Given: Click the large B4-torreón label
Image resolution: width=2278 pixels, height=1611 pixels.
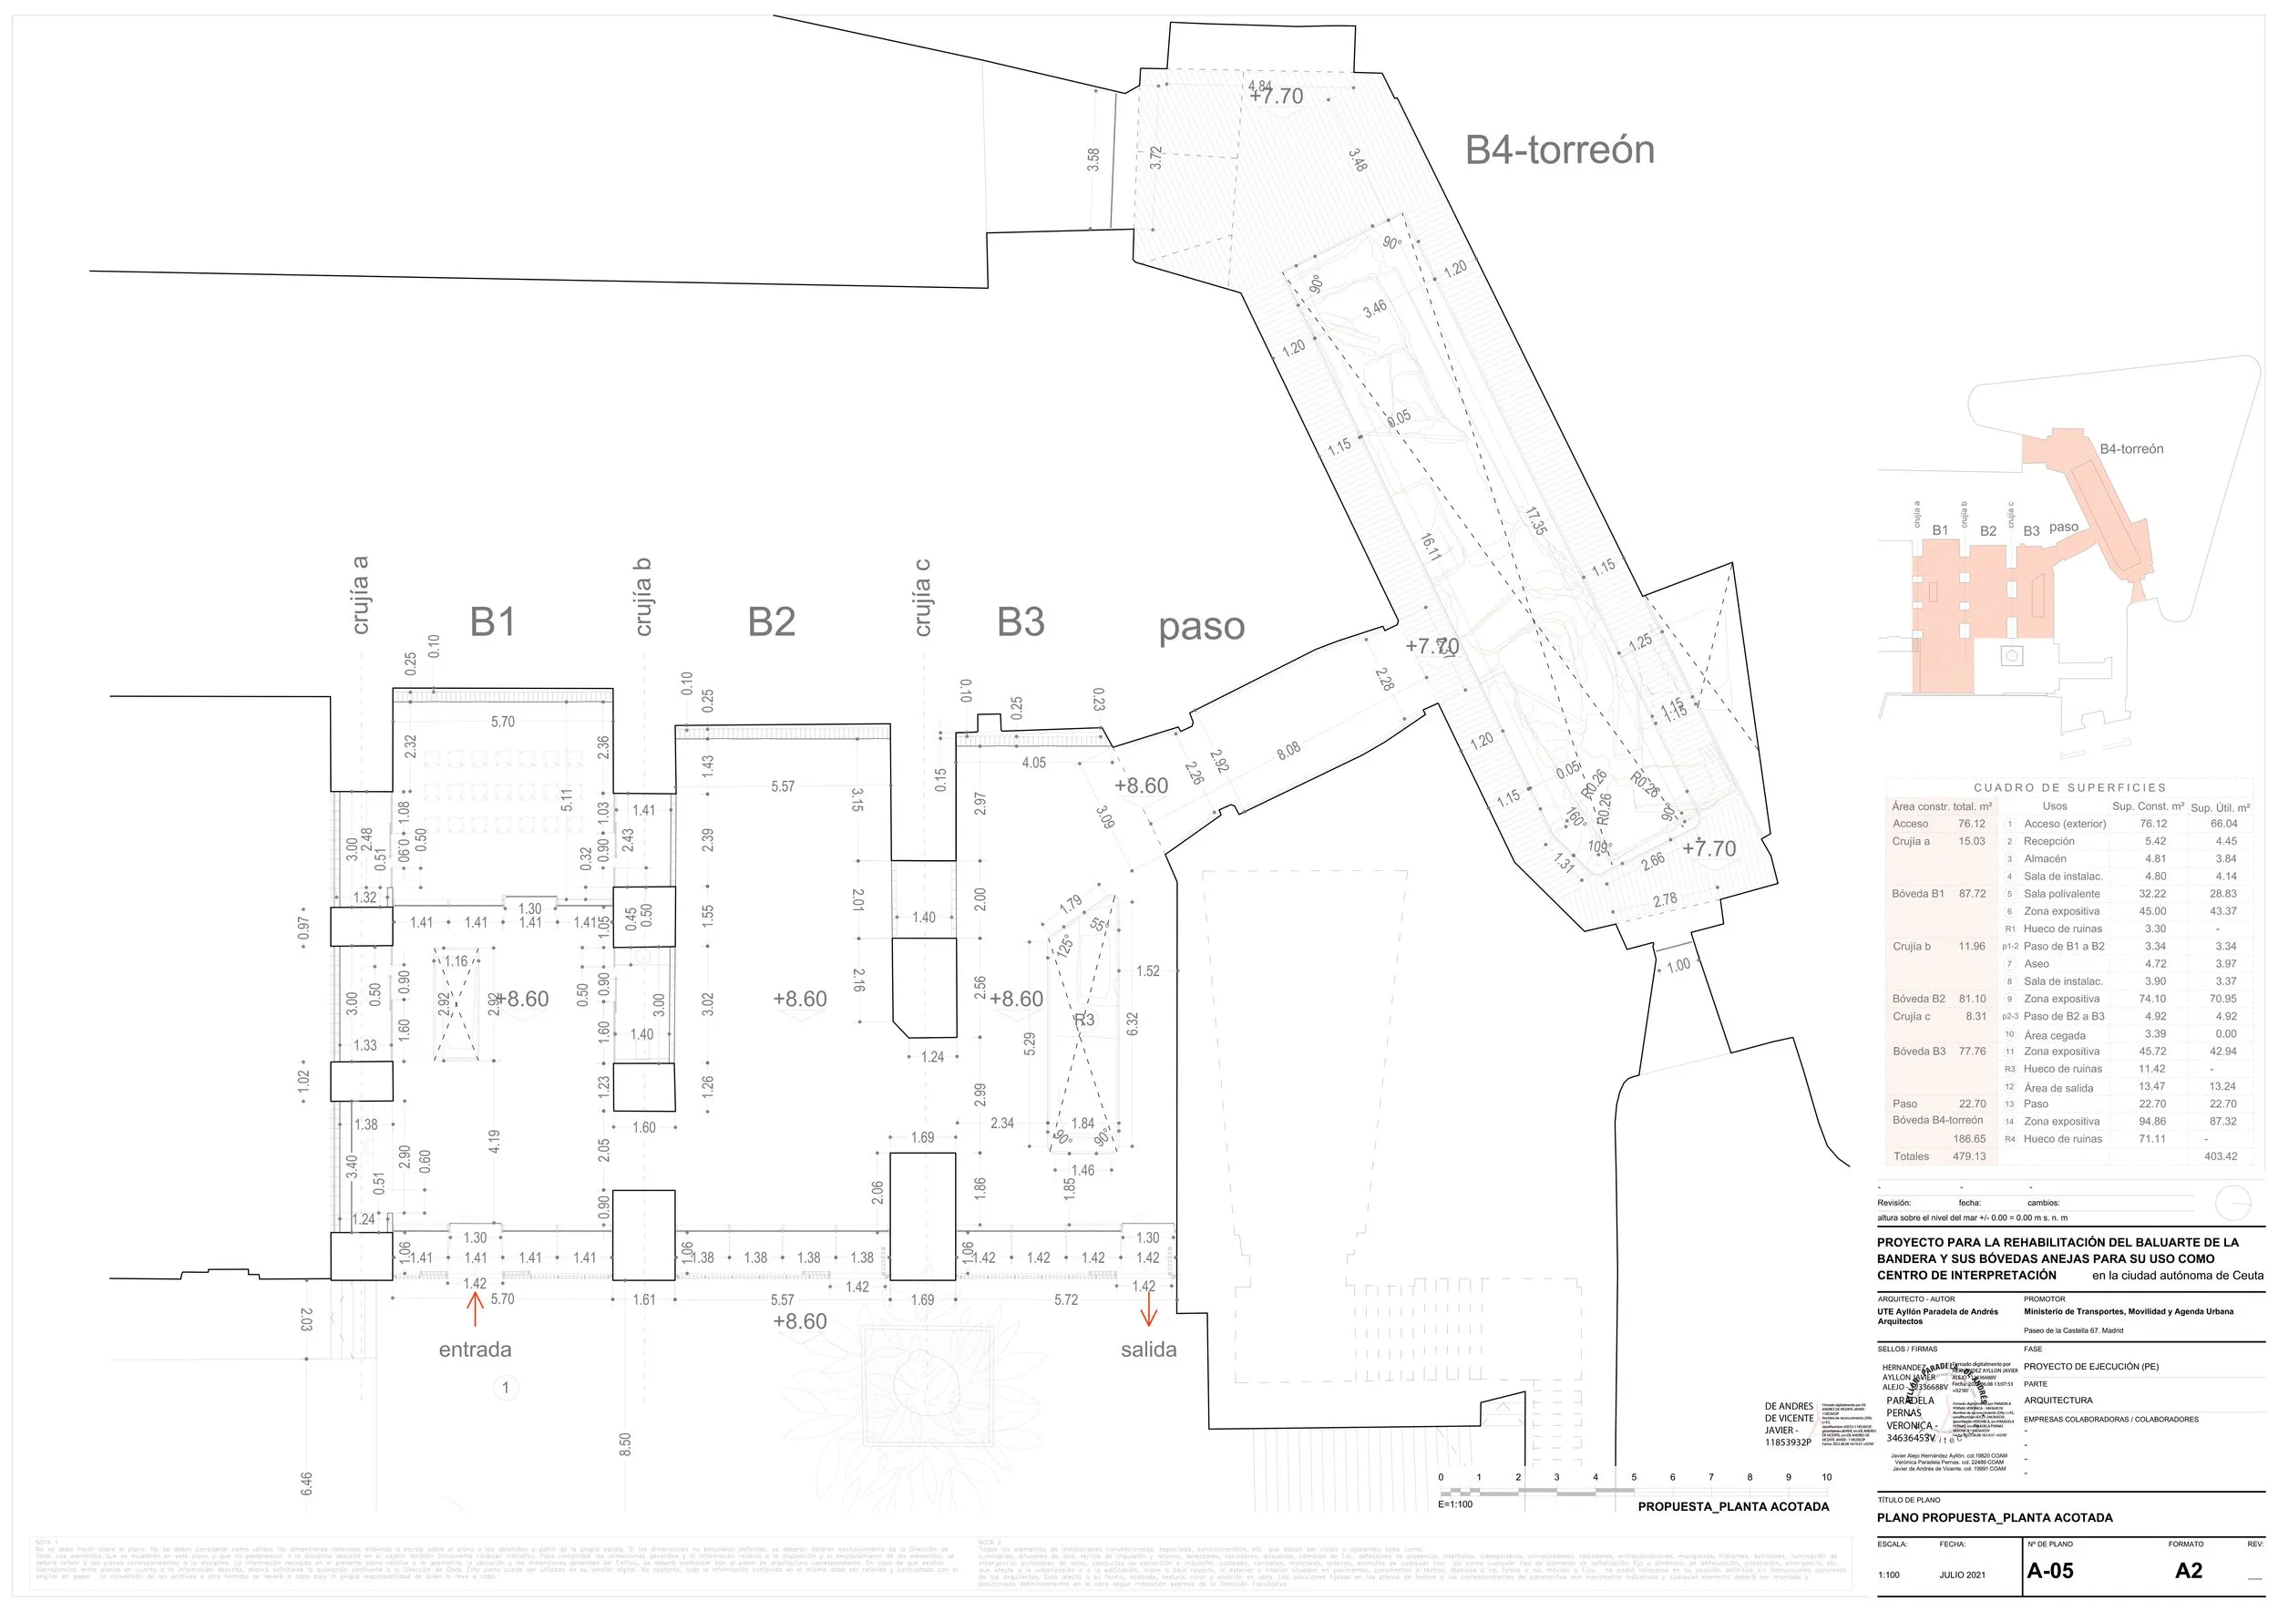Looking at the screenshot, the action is pyautogui.click(x=1560, y=149).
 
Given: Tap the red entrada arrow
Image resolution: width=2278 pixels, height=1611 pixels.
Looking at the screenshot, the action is pyautogui.click(x=476, y=1309).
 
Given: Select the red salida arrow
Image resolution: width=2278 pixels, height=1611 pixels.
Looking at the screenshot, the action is pyautogui.click(x=1149, y=1311).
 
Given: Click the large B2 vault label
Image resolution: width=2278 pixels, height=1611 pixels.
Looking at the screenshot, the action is pyautogui.click(x=771, y=622).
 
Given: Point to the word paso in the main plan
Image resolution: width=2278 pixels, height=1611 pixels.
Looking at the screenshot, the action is pyautogui.click(x=1202, y=627).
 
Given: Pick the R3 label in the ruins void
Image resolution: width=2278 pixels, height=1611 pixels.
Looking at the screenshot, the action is pyautogui.click(x=1084, y=1020).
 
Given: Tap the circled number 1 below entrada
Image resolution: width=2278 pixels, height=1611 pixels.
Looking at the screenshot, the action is pyautogui.click(x=506, y=1388).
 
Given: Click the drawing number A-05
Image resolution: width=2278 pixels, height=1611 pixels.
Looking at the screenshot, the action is pyautogui.click(x=2050, y=1570).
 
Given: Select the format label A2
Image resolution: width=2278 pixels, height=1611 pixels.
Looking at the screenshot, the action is pyautogui.click(x=2189, y=1570).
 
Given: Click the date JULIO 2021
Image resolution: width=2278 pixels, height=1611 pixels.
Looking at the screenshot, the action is pyautogui.click(x=1963, y=1575).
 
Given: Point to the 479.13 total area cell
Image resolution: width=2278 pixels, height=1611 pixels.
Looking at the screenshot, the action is pyautogui.click(x=1968, y=1156).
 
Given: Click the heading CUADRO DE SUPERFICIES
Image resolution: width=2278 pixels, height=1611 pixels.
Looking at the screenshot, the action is pyautogui.click(x=2069, y=787).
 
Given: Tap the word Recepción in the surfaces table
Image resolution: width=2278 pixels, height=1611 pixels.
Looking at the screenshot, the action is pyautogui.click(x=2048, y=841).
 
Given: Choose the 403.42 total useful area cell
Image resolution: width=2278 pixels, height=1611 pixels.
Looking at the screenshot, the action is pyautogui.click(x=2221, y=1156).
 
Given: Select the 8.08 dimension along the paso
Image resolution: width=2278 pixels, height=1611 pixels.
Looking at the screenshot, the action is pyautogui.click(x=1288, y=751).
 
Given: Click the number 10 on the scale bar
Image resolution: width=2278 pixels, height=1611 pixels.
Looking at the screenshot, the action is pyautogui.click(x=1827, y=1477).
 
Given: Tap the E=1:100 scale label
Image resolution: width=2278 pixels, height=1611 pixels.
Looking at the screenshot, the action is pyautogui.click(x=1455, y=1503).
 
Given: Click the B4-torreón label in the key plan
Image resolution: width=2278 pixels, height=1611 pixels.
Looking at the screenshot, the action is pyautogui.click(x=2131, y=449).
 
